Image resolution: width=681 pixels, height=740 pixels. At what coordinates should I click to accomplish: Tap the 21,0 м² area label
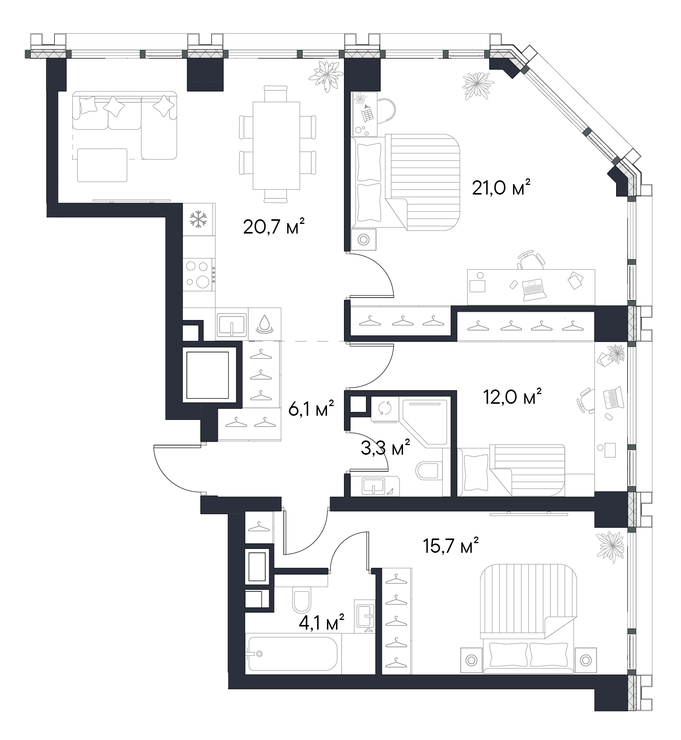tap(501, 188)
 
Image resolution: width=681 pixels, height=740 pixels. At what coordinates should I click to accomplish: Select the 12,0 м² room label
tap(512, 396)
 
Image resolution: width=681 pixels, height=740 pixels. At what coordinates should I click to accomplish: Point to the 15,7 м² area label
tap(450, 545)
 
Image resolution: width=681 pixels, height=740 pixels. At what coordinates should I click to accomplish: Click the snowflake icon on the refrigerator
tap(198, 219)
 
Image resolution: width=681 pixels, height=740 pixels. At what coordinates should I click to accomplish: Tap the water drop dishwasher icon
tap(264, 323)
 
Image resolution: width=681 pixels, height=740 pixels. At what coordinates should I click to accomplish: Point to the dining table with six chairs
tap(276, 145)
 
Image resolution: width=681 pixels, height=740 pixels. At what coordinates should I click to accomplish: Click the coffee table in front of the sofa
tap(102, 165)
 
